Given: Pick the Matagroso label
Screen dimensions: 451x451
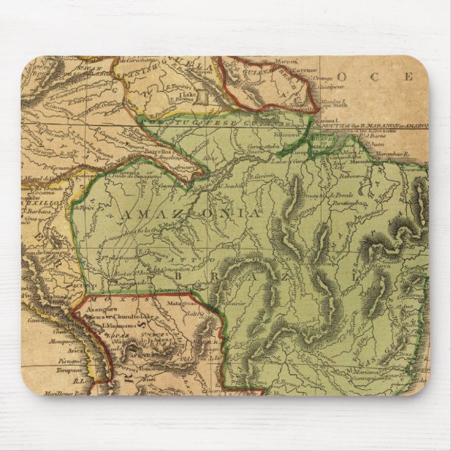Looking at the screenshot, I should coord(185,304).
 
